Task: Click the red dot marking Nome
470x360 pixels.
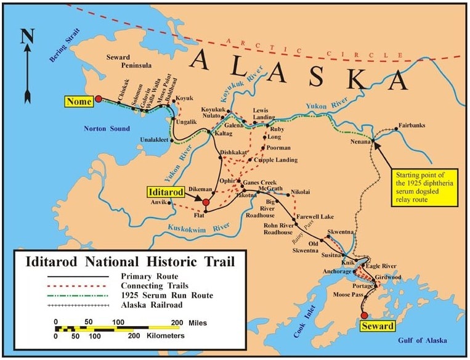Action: (x=98, y=99)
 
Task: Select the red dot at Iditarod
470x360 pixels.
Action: (x=206, y=202)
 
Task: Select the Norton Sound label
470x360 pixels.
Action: (x=107, y=128)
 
